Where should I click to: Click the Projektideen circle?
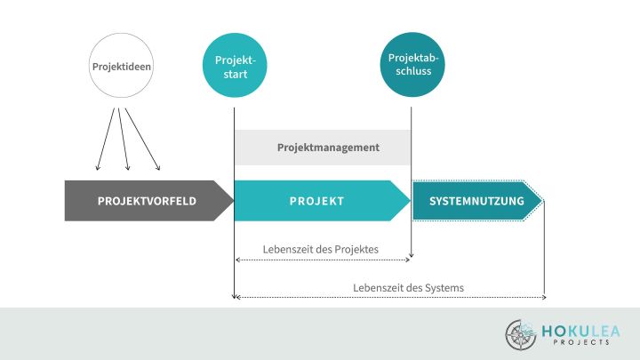point(120,66)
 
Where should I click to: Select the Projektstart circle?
point(235,66)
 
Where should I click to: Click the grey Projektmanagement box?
point(323,147)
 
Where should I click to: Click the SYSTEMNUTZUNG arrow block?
point(476,201)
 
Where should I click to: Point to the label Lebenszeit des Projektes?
point(321,250)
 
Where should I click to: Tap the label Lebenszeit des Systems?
point(408,287)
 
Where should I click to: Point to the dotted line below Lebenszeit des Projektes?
point(323,260)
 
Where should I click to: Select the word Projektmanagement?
point(328,147)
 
